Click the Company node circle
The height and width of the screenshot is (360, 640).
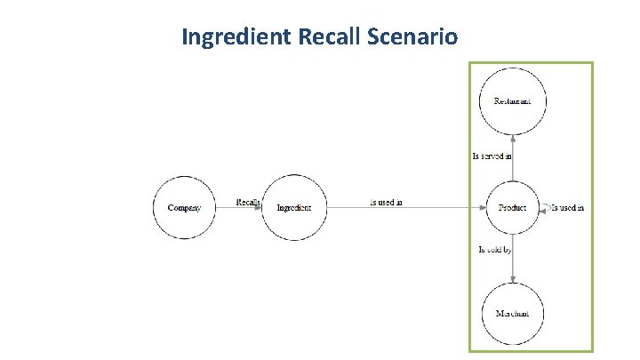[184, 207]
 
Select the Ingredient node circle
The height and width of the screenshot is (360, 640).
[293, 207]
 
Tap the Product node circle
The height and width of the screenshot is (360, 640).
[513, 207]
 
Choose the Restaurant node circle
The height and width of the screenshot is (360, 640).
[513, 100]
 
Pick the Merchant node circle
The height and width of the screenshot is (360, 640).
[513, 313]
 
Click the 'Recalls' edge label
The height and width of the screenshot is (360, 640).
[248, 202]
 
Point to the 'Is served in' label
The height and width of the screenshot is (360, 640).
[492, 156]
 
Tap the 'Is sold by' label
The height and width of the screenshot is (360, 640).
[495, 250]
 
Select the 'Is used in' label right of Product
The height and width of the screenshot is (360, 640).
[568, 207]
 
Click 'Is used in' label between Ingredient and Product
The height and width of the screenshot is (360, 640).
[386, 202]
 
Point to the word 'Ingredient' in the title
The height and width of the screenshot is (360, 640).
[233, 37]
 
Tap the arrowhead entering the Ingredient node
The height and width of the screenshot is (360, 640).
[259, 207]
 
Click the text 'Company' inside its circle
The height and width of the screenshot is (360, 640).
[184, 208]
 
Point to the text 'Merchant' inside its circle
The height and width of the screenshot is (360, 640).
[513, 314]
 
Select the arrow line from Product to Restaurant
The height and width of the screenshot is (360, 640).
[513, 164]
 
